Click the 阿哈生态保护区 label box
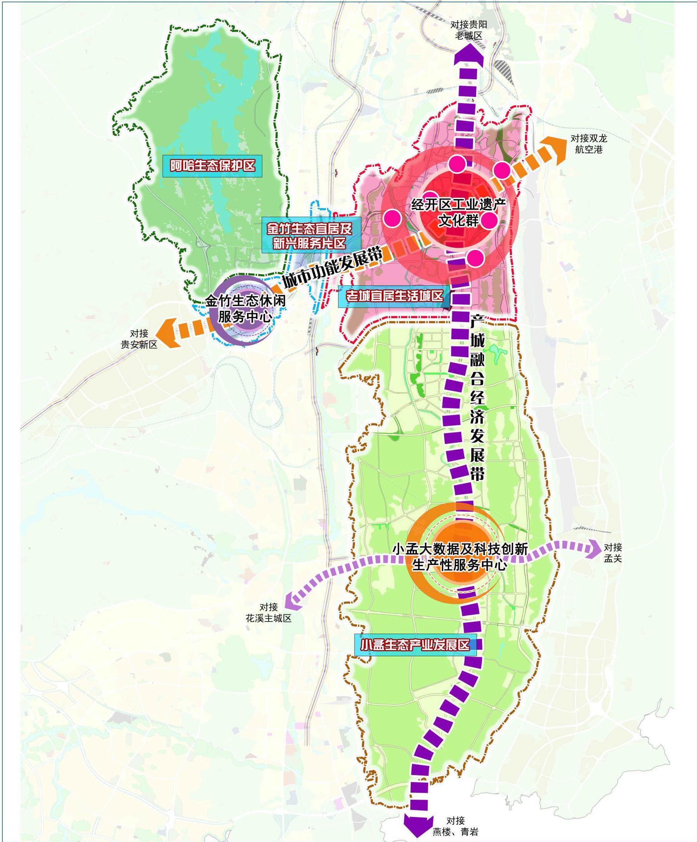click(x=212, y=166)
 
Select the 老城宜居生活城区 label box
click(x=395, y=296)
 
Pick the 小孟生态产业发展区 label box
click(x=415, y=645)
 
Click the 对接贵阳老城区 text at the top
click(x=469, y=30)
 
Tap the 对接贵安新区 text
click(x=139, y=339)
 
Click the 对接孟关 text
click(x=612, y=552)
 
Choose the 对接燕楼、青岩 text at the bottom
click(x=455, y=826)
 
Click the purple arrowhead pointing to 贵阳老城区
click(x=469, y=55)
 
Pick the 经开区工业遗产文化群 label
click(x=459, y=212)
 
